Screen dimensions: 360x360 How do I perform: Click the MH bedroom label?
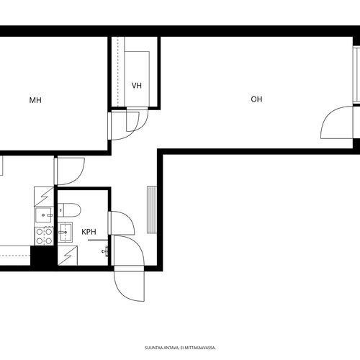pyautogui.click(x=35, y=100)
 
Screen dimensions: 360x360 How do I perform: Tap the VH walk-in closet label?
pyautogui.click(x=137, y=86)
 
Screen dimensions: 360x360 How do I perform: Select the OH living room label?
pyautogui.click(x=256, y=99)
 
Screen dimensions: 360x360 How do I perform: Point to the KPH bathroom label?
pyautogui.click(x=89, y=232)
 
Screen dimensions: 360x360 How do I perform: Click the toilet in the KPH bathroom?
pyautogui.click(x=69, y=210)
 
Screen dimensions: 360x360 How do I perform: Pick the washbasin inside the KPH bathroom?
pyautogui.click(x=65, y=233)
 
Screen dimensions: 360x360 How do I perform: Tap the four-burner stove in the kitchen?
pyautogui.click(x=44, y=236)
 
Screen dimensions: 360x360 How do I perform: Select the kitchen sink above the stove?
pyautogui.click(x=44, y=215)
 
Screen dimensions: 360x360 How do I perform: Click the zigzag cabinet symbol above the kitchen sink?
pyautogui.click(x=44, y=197)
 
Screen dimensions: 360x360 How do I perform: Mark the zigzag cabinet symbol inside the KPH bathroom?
pyautogui.click(x=68, y=256)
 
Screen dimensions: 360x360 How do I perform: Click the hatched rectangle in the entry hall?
pyautogui.click(x=152, y=210)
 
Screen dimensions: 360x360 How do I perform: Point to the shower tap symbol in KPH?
pyautogui.click(x=105, y=251)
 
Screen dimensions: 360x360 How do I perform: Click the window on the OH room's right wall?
pyautogui.click(x=356, y=75)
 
